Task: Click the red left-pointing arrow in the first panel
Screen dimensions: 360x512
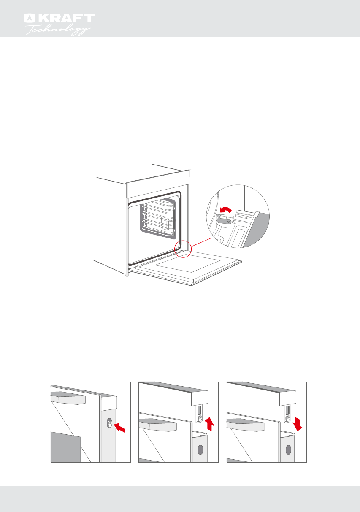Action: [x=120, y=428]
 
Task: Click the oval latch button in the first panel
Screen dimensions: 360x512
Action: [x=110, y=423]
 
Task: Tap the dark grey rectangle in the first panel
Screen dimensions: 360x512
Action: [x=65, y=447]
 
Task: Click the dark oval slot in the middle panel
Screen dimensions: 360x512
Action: [x=200, y=449]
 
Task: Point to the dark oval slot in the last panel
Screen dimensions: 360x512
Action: [x=288, y=449]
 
